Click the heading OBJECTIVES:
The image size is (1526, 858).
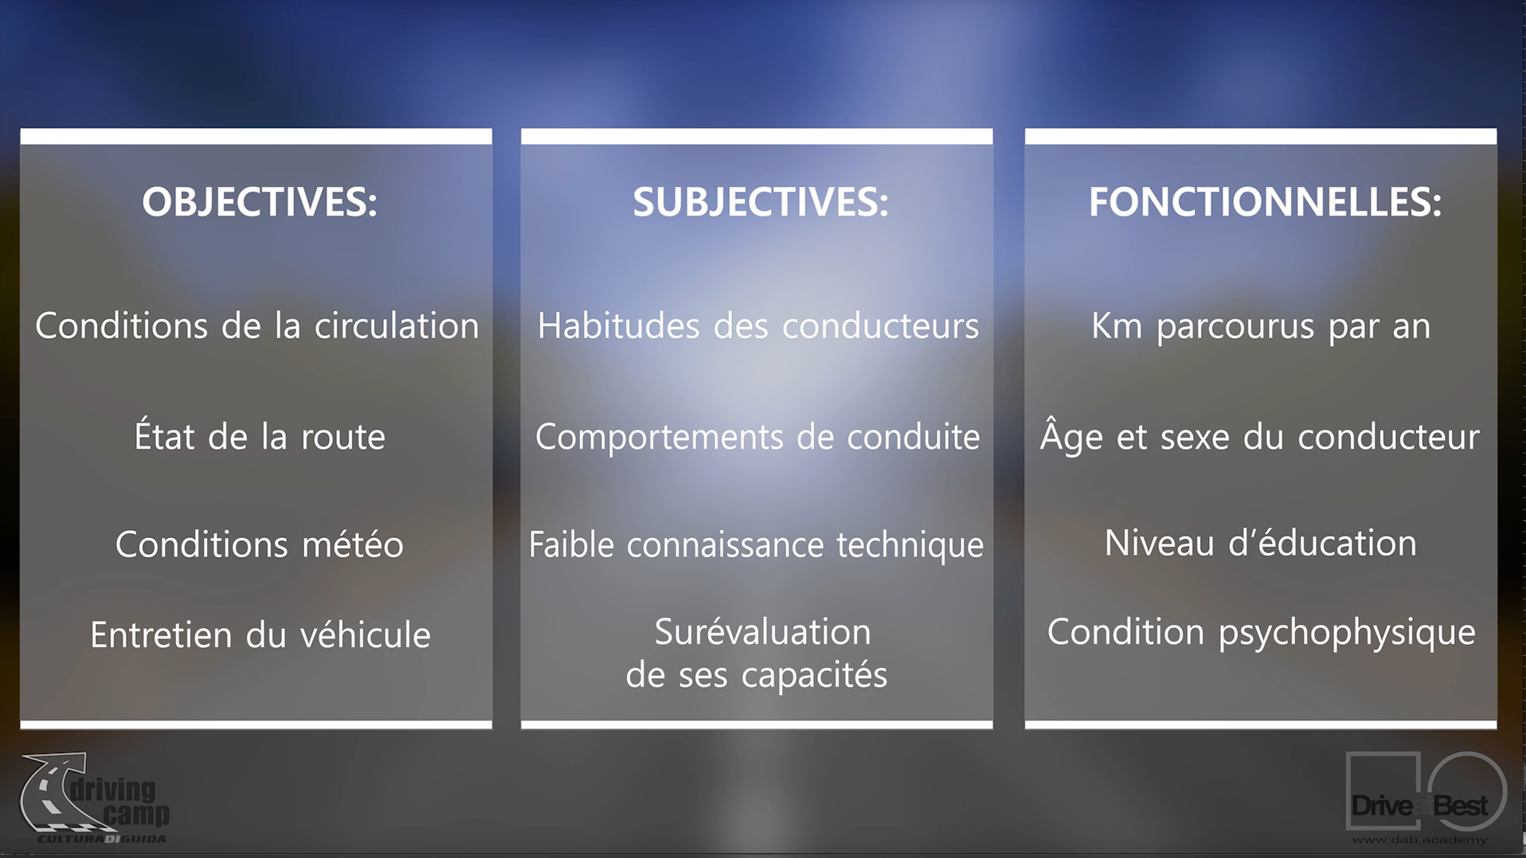(259, 201)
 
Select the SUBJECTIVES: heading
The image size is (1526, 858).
(760, 201)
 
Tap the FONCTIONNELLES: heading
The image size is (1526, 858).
(1265, 201)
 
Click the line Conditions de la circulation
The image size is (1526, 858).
(256, 326)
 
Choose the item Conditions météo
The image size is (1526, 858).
(260, 544)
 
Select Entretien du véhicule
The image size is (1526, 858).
(260, 634)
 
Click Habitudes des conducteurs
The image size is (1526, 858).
(757, 326)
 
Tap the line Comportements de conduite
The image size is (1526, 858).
(757, 437)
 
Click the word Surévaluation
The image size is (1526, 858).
(762, 631)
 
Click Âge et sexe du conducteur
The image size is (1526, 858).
(1259, 435)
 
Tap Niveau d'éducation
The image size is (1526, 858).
(1260, 543)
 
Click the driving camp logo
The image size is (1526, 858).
(95, 798)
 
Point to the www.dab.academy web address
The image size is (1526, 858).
(1418, 840)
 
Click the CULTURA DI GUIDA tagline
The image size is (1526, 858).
(102, 838)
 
